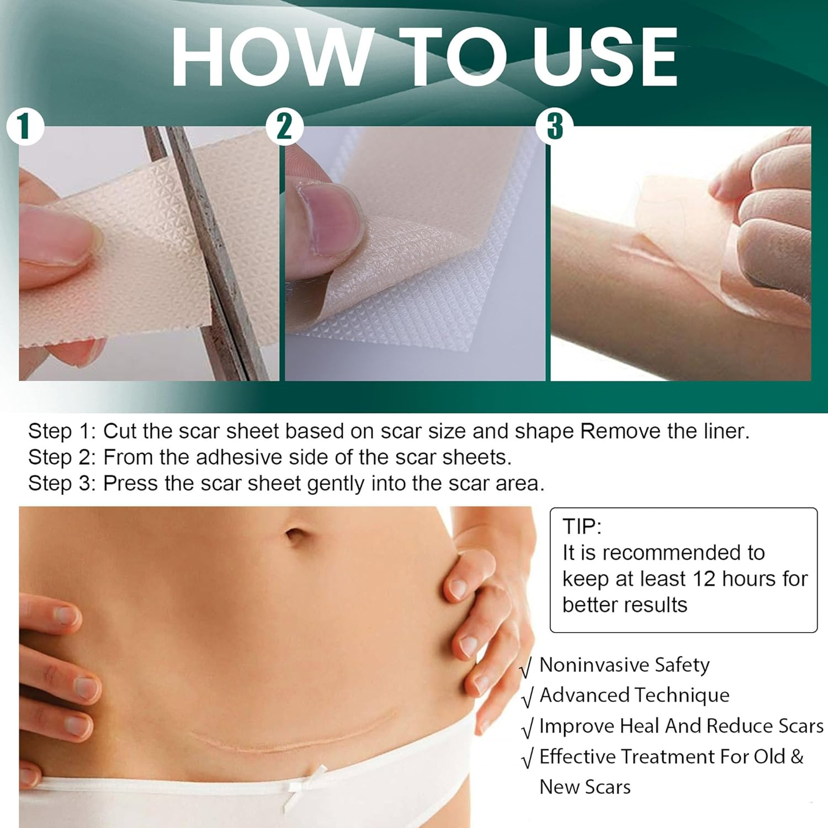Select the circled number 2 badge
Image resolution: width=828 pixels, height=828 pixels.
284,126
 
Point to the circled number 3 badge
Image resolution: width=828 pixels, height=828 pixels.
554,126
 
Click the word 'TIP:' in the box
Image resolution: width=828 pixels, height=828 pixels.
581,527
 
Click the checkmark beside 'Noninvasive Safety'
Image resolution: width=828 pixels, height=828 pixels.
527,667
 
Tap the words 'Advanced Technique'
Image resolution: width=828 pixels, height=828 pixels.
634,695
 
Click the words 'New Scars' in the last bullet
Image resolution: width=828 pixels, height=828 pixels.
585,787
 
